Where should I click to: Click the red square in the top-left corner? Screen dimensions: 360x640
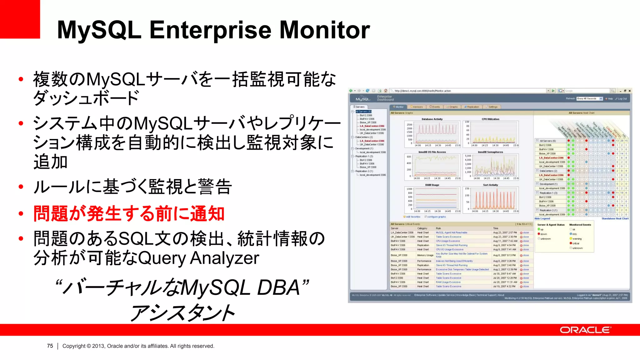20,19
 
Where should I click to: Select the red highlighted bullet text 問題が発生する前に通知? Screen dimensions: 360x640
129,214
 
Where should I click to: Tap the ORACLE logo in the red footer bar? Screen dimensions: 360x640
585,330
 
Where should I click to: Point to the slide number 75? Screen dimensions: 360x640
50,346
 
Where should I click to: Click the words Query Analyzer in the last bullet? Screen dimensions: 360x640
198,258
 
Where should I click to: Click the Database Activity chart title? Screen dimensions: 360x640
432,119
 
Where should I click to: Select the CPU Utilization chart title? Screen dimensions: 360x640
490,119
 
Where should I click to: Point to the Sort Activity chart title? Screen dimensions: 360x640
490,185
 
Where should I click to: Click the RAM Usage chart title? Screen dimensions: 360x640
432,185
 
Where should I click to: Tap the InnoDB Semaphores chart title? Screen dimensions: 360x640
490,152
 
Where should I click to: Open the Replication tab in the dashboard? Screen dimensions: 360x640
472,107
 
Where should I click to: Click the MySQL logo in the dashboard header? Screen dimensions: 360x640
363,99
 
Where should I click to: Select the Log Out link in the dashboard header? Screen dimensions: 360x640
622,99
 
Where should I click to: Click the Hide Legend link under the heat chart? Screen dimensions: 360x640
542,219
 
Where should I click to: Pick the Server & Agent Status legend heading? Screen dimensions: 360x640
551,225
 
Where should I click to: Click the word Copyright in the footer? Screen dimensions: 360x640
74,346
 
